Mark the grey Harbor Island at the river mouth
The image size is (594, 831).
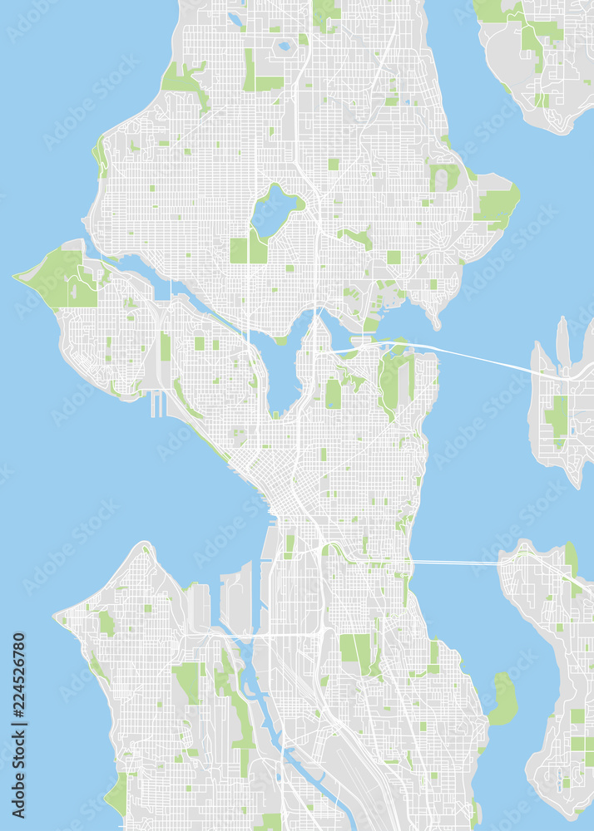pyautogui.click(x=237, y=598)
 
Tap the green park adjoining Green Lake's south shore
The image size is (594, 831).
pyautogui.click(x=248, y=248)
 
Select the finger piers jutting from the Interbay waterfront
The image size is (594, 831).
pyautogui.click(x=156, y=404)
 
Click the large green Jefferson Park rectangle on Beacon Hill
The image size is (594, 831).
pyautogui.click(x=355, y=648)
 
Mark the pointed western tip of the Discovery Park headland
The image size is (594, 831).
pyautogui.click(x=16, y=278)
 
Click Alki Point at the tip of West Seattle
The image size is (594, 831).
pyautogui.click(x=56, y=617)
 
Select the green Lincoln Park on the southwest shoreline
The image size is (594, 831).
pyautogui.click(x=117, y=794)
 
